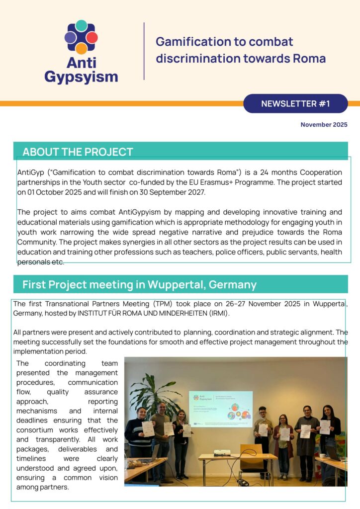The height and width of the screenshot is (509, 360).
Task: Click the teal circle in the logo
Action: pos(81,26)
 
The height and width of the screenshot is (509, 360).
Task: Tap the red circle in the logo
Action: pos(92,37)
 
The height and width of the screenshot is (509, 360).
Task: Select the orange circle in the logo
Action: pos(81,48)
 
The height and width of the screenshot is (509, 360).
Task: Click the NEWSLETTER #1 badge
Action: pos(295,104)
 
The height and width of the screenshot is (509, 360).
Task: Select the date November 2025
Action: pos(324,125)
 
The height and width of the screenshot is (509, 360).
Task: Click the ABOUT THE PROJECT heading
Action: pos(78,152)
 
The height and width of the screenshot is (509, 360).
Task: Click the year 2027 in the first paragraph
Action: pos(190,192)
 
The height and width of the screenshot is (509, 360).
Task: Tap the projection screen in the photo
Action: pos(221,409)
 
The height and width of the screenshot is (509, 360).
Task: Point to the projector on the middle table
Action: pos(222,452)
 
